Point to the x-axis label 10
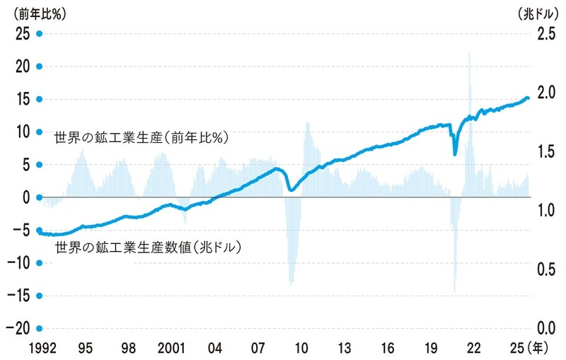(x=301, y=347)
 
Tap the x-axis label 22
(x=474, y=347)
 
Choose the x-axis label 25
(x=517, y=347)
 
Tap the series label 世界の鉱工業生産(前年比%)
(x=139, y=137)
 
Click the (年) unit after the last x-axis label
(x=538, y=347)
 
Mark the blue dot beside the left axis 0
(x=40, y=197)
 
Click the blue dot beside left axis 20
(x=40, y=66)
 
